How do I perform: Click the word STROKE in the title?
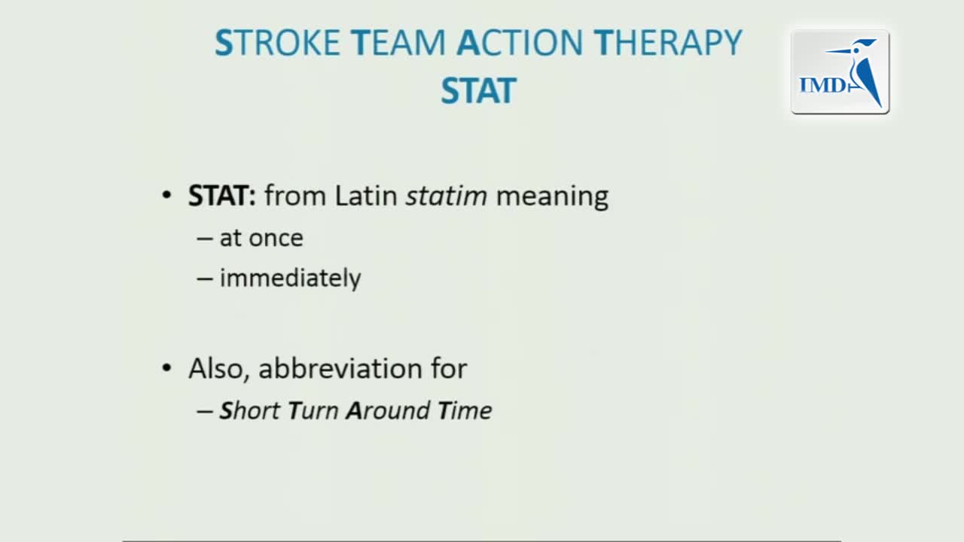coord(278,43)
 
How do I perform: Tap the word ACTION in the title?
coord(520,43)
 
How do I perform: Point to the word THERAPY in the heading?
coord(668,43)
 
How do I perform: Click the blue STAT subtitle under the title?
coord(478,91)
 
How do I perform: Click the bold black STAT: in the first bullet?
coord(222,196)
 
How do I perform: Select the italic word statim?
coord(447,196)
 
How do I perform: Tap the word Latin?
coord(366,196)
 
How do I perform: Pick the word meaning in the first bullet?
coord(552,197)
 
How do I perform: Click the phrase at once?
coord(261,238)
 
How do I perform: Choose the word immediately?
coord(291,278)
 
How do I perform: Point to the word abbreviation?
coord(340,368)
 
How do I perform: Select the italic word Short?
coord(249,410)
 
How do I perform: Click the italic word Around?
coord(388,410)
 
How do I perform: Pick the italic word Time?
coord(465,410)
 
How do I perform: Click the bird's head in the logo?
coord(859,47)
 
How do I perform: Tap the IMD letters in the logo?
coord(823,85)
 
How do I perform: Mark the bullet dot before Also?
coord(166,368)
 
